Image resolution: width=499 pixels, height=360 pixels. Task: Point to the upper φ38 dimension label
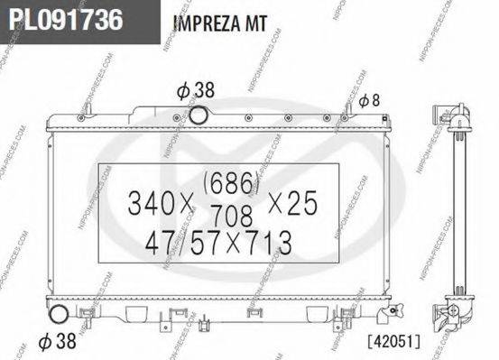(195, 90)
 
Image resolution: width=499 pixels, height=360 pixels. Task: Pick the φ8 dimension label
(369, 100)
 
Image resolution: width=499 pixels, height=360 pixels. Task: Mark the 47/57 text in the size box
(170, 242)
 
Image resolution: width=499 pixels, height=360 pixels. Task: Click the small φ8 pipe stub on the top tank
(345, 112)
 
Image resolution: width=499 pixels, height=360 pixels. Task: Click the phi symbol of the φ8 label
(362, 100)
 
